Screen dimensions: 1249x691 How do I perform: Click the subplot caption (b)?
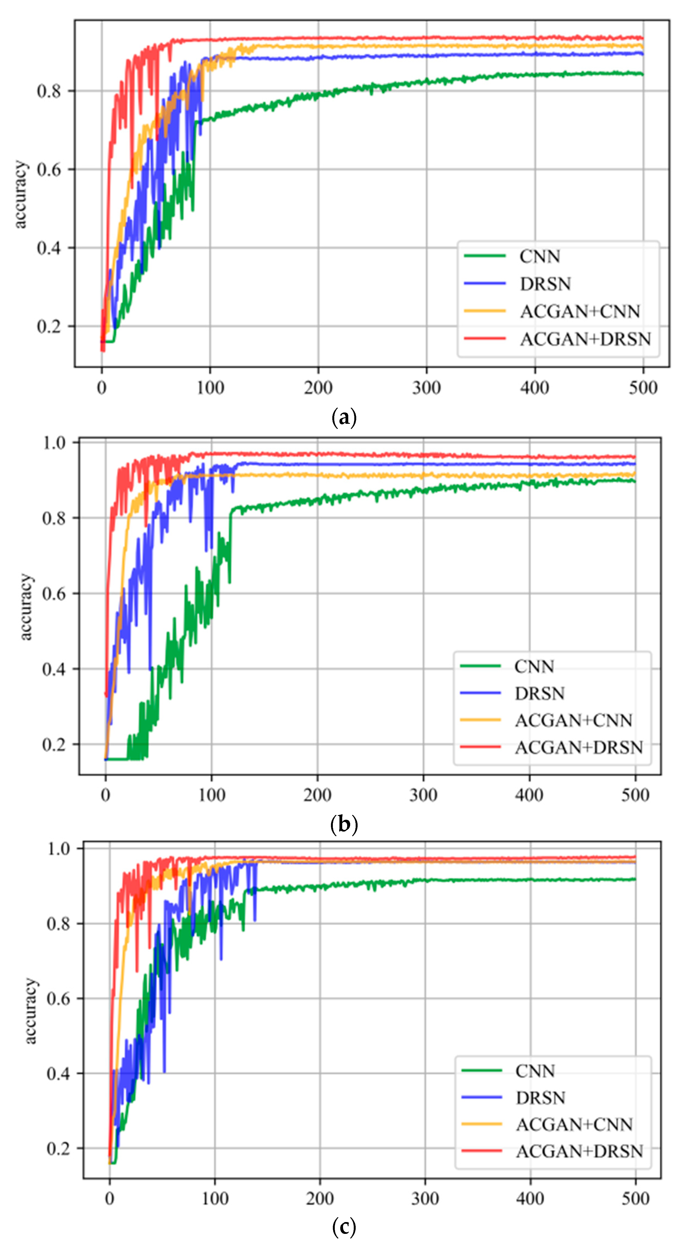click(344, 824)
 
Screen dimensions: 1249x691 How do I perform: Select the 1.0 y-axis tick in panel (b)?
click(54, 443)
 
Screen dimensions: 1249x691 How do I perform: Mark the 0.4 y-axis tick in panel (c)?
click(59, 1074)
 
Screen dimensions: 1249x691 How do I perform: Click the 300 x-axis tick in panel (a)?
click(426, 388)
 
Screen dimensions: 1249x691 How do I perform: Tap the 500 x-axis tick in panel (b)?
click(635, 795)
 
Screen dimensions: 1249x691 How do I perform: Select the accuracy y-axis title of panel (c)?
click(30, 1011)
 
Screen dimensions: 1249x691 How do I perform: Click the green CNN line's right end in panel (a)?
click(643, 74)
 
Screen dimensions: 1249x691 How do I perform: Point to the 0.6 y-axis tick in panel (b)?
click(54, 594)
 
